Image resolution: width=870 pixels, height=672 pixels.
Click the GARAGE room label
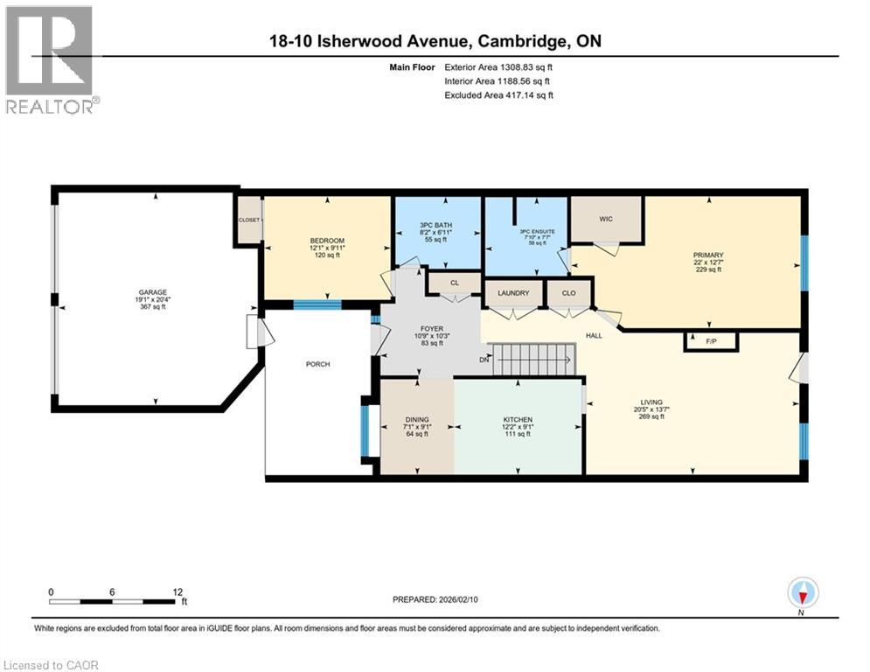tap(152, 292)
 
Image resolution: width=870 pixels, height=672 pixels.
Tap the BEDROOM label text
tap(327, 241)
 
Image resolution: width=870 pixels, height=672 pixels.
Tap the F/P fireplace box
tap(711, 341)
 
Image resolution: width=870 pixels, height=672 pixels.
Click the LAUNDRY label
tap(512, 292)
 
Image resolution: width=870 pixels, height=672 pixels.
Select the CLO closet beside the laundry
tap(568, 292)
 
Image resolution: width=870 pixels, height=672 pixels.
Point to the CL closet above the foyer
tap(454, 283)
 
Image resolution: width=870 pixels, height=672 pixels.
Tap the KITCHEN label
tap(518, 420)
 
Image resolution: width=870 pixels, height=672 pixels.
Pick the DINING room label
tap(417, 420)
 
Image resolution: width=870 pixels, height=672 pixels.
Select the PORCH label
tap(318, 364)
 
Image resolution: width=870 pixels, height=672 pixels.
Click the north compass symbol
tap(802, 594)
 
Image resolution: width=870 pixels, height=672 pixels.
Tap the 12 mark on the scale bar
tap(177, 592)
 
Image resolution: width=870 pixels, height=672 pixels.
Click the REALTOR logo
tap(51, 60)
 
